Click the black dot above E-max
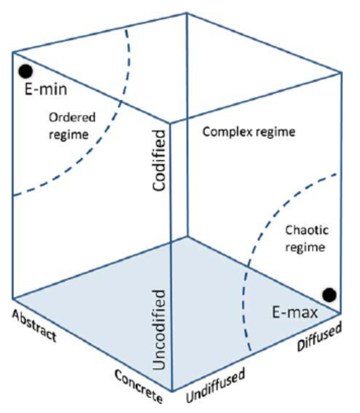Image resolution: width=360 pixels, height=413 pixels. (329, 294)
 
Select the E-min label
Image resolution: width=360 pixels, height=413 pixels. (46, 91)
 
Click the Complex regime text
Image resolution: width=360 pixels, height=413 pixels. (248, 132)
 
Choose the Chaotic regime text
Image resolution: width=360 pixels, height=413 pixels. (306, 239)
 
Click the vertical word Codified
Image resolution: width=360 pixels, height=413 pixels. (160, 160)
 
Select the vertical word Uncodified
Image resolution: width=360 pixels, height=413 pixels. (160, 330)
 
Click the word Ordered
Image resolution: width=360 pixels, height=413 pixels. (72, 117)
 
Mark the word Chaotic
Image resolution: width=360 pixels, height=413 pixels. (306, 230)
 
